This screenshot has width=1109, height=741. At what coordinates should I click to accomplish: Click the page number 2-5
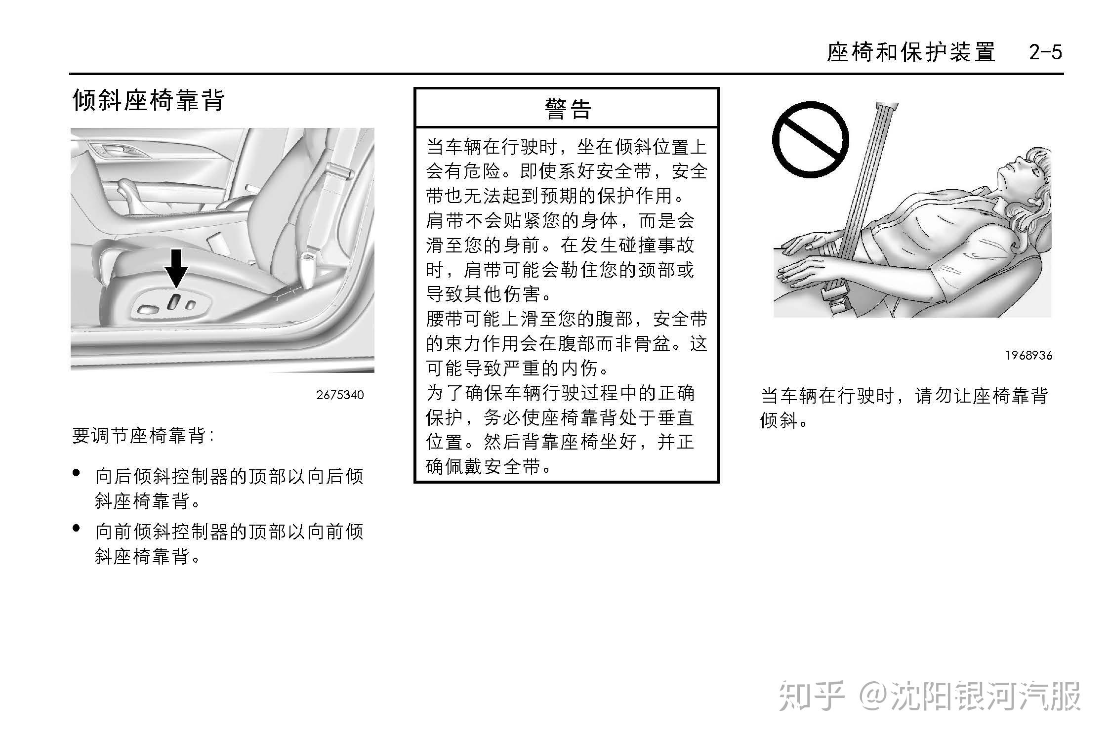tap(1045, 52)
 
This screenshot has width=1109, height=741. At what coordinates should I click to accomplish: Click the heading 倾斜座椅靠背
tap(149, 100)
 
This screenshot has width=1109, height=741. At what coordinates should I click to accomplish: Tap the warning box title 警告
tap(568, 109)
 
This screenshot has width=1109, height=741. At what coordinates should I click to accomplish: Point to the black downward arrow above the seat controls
tap(176, 268)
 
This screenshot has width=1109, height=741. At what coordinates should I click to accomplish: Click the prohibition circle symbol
tap(811, 140)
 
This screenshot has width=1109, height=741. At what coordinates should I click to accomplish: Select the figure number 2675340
tap(340, 395)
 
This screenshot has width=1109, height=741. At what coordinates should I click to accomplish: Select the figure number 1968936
tap(1028, 355)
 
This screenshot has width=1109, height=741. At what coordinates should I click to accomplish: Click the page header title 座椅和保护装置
tap(911, 52)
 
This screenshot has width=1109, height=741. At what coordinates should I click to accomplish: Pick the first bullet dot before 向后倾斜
tap(76, 473)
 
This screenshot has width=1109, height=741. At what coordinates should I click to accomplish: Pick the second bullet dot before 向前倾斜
tap(76, 528)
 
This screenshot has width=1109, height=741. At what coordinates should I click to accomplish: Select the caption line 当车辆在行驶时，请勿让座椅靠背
tap(904, 396)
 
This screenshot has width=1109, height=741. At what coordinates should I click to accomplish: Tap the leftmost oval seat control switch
tap(148, 310)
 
